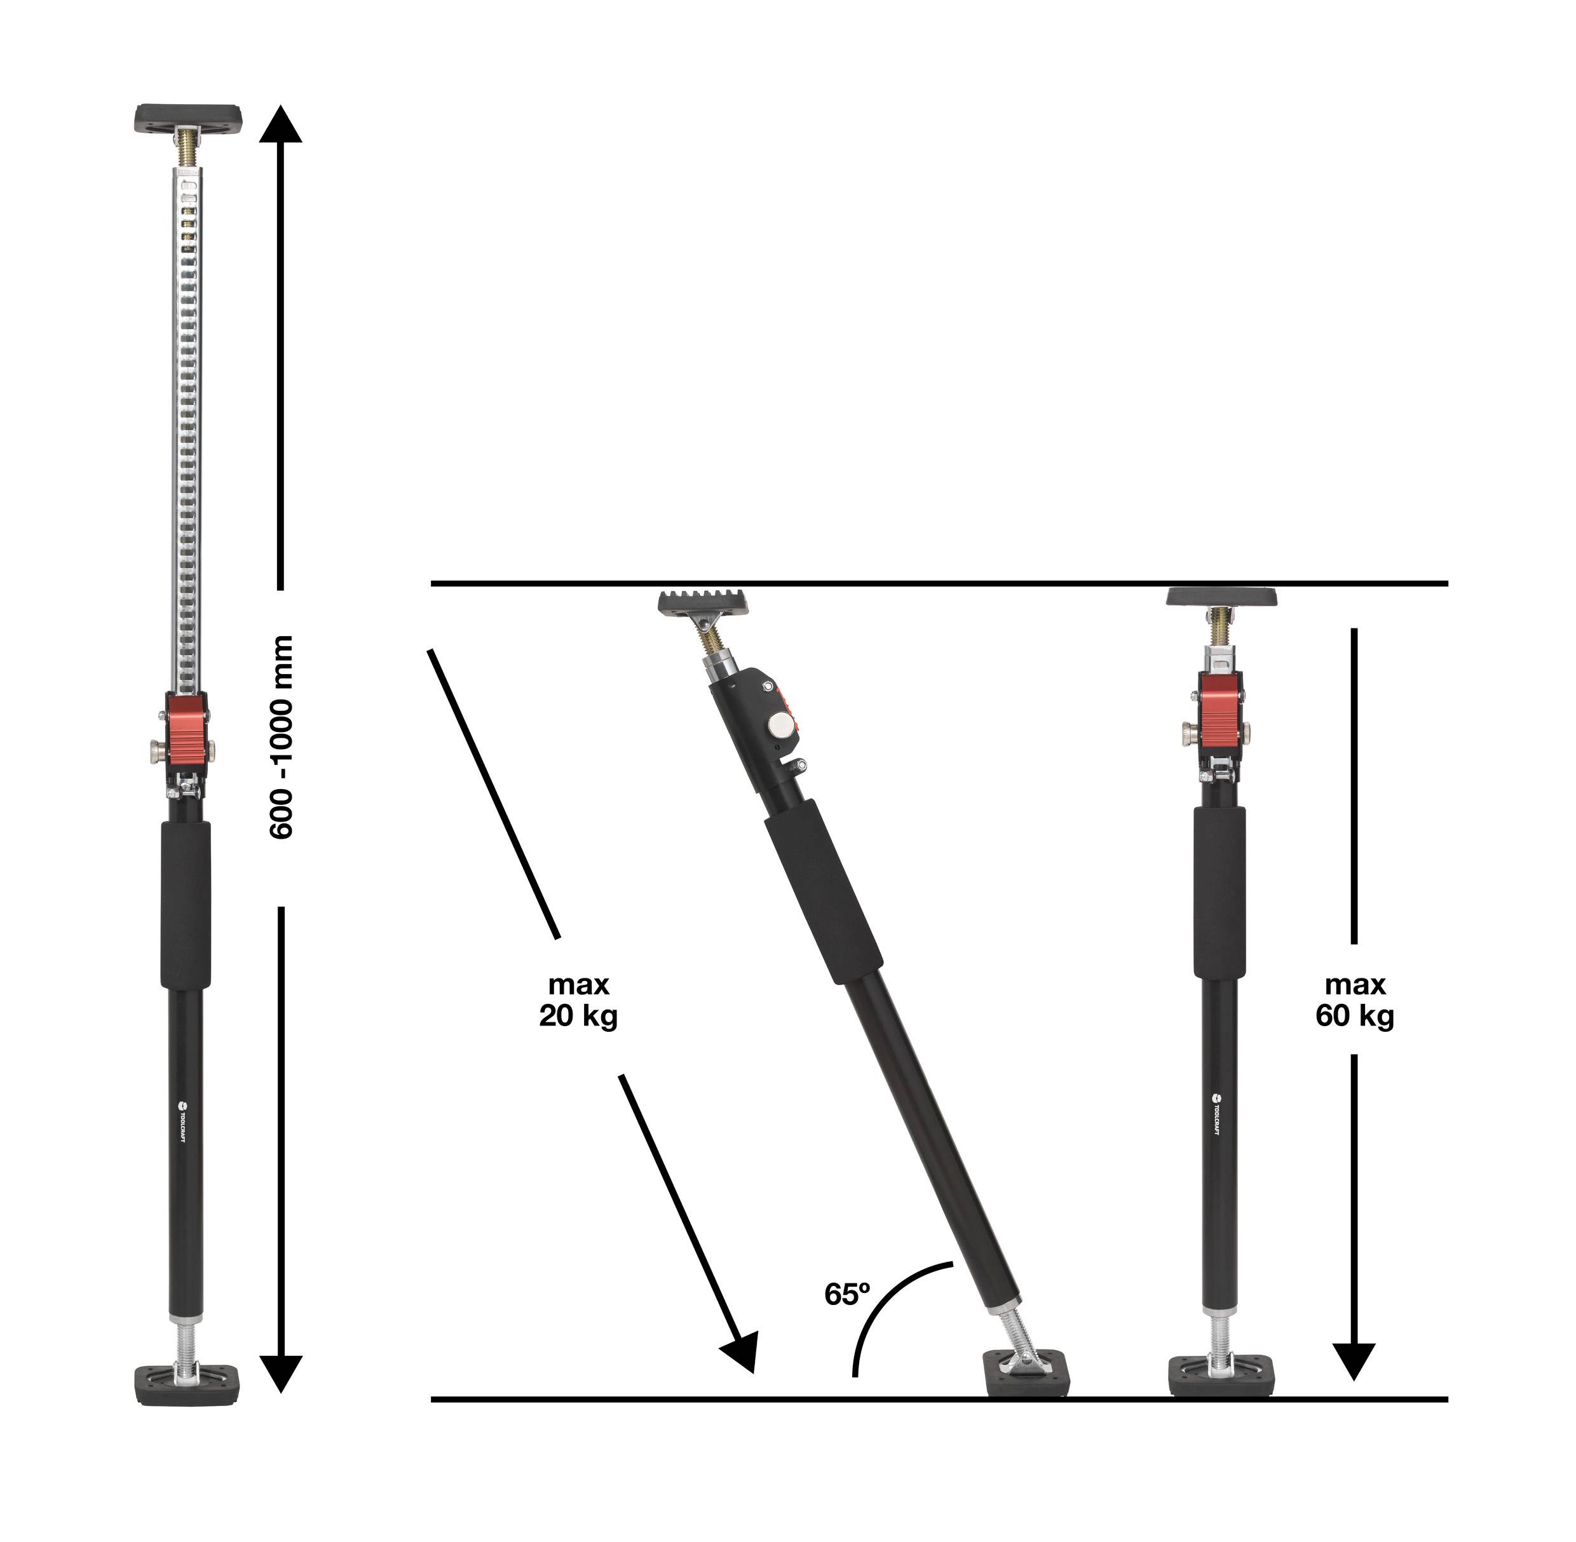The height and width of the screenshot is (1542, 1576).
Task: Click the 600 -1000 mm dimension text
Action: (280, 736)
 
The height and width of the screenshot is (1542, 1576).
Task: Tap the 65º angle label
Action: (846, 1294)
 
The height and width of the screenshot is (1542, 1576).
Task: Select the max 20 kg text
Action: (578, 999)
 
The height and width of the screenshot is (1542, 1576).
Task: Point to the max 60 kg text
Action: (1354, 999)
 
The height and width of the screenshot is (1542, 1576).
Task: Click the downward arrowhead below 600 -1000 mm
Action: (280, 1374)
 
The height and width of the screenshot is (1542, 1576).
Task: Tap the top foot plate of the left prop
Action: (188, 118)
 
